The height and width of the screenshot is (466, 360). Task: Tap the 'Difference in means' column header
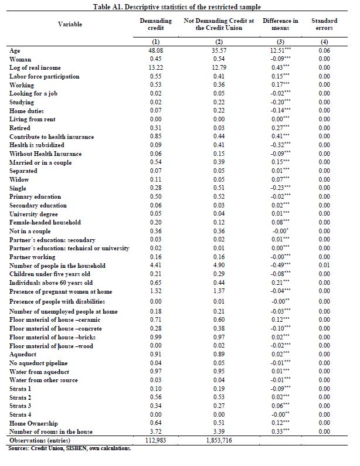click(x=280, y=24)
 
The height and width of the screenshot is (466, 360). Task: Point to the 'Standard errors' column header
click(x=324, y=24)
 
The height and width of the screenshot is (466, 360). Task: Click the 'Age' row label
click(x=15, y=51)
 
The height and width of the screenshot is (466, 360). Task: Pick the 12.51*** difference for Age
click(x=280, y=51)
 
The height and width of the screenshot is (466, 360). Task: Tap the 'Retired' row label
click(x=20, y=128)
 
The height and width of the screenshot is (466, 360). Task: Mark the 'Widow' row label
click(x=19, y=179)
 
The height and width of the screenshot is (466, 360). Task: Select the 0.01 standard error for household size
click(x=324, y=266)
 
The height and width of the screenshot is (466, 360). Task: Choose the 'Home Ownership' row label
click(x=33, y=422)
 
